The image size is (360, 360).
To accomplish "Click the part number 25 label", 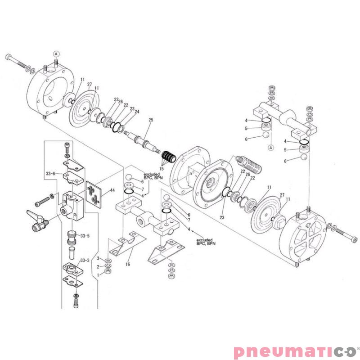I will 151,120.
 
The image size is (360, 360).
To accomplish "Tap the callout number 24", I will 137,112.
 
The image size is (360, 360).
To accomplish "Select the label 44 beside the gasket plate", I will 112,191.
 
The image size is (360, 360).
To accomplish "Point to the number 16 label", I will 128,264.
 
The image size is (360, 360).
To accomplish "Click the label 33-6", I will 50,174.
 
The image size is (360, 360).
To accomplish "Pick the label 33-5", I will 85,235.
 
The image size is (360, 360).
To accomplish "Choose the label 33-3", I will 85,260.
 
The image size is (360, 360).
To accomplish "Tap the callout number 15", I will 162,169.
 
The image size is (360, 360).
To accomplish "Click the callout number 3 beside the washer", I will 99,258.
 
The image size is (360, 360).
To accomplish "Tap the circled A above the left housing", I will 56,53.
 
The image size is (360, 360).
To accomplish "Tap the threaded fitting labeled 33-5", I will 71,235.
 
